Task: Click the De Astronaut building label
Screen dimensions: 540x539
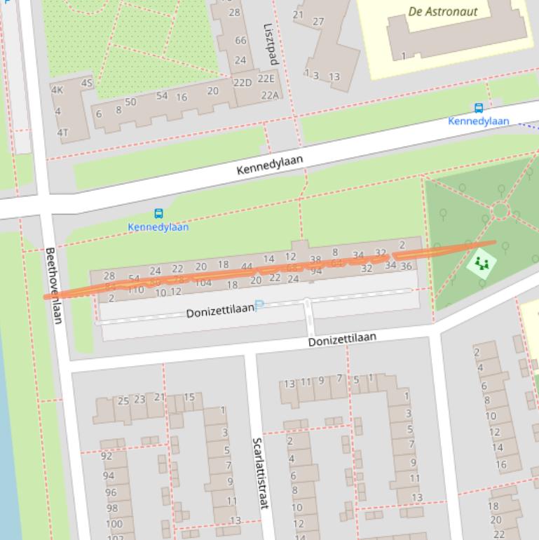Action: [442, 11]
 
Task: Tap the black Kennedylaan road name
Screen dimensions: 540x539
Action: [270, 165]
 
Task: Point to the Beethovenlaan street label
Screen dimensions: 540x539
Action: [54, 285]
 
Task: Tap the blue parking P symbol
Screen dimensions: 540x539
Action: [259, 306]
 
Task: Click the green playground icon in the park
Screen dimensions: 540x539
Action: [481, 264]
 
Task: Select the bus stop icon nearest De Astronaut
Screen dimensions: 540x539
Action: [479, 108]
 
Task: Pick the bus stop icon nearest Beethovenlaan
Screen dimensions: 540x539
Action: [158, 214]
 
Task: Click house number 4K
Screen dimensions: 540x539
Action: [57, 90]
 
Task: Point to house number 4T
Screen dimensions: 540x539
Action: [63, 133]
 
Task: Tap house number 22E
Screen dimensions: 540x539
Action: [266, 79]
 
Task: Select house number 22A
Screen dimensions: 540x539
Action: [270, 95]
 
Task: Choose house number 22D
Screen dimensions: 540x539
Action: [242, 83]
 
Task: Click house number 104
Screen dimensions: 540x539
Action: [203, 283]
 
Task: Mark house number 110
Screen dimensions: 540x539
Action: [135, 289]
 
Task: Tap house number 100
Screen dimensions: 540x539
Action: [114, 524]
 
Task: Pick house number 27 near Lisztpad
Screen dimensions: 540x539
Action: [318, 22]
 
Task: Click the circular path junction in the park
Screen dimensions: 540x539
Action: [500, 210]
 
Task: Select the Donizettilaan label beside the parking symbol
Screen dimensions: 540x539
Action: [219, 311]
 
